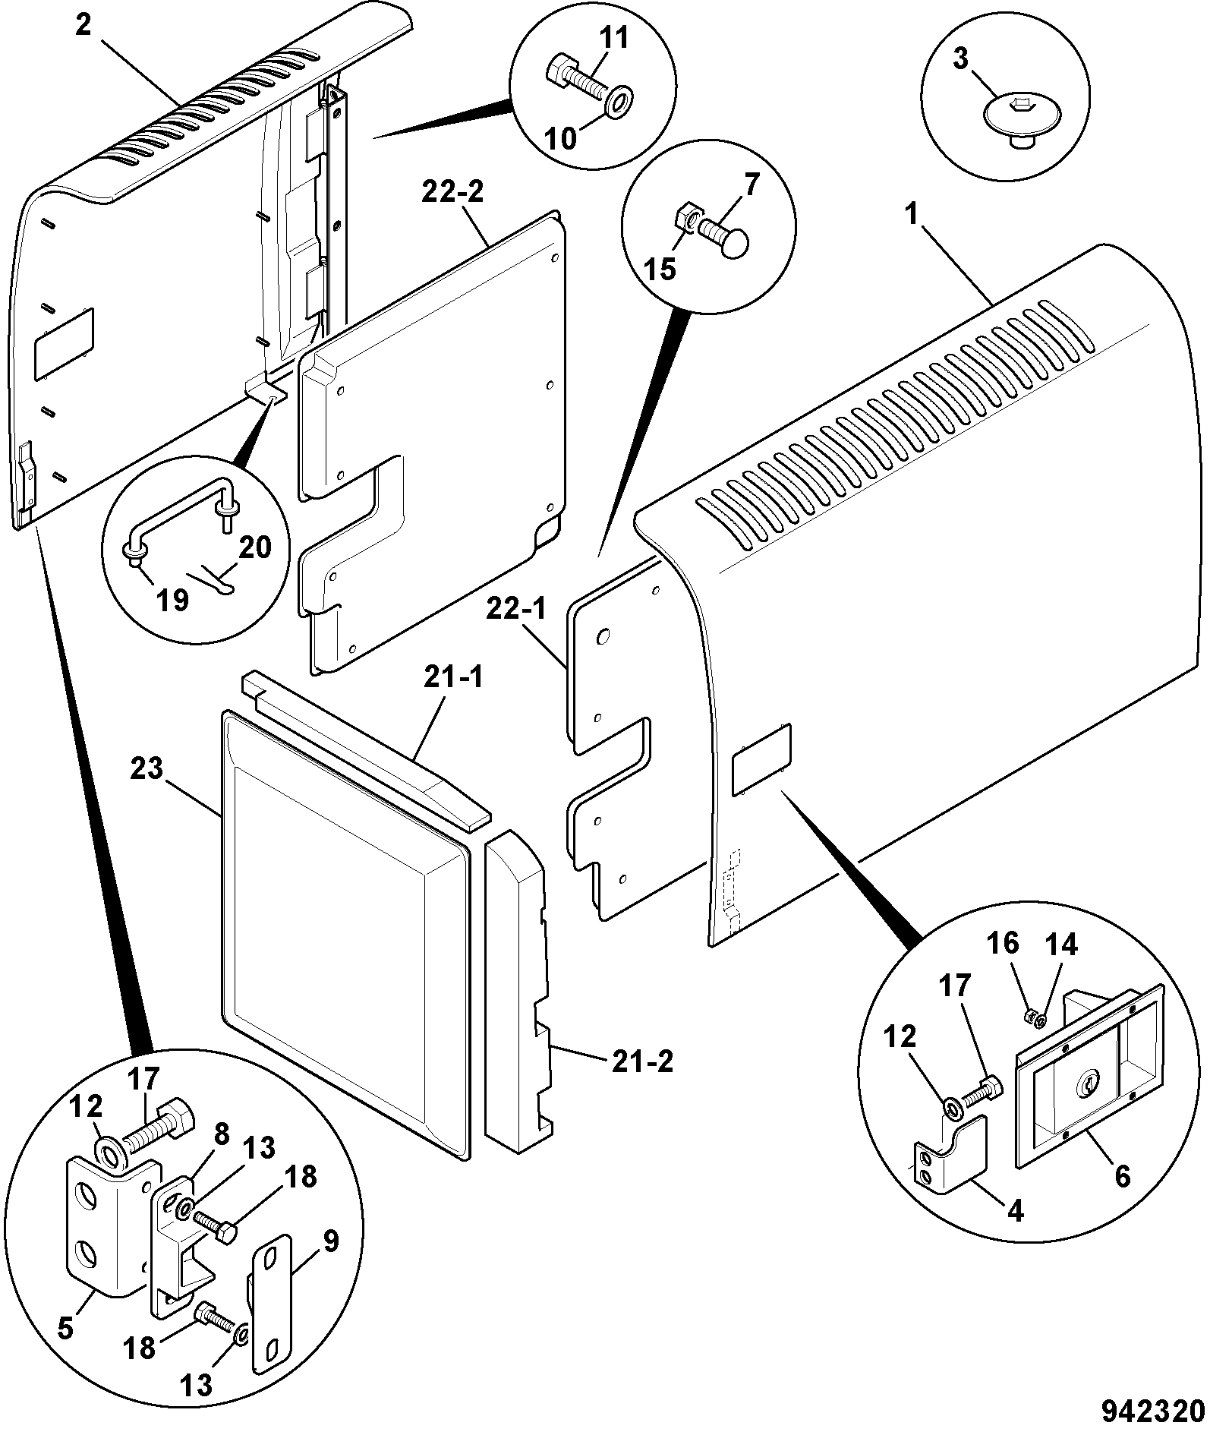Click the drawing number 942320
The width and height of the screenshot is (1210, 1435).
[1153, 1411]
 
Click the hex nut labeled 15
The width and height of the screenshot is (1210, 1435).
[684, 220]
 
